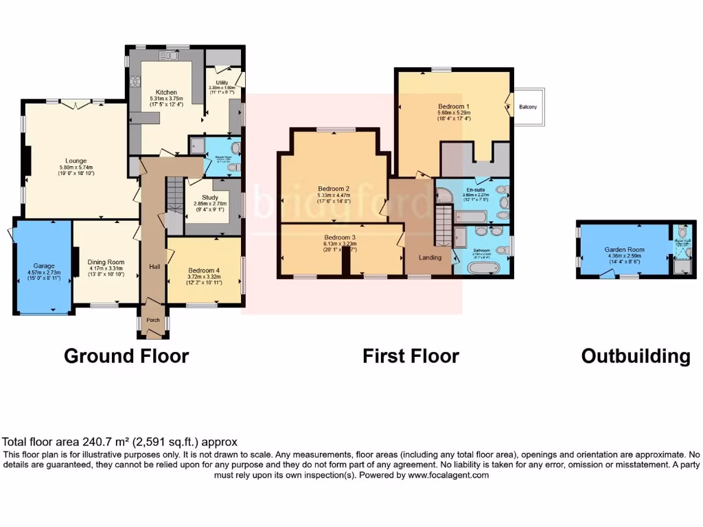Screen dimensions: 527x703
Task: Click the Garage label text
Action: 44,265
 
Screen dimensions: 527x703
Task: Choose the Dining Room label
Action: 106,261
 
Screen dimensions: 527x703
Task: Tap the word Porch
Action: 152,319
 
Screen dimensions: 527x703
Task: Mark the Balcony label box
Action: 528,107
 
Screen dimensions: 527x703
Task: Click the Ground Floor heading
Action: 126,356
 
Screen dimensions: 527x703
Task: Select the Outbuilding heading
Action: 635,356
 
